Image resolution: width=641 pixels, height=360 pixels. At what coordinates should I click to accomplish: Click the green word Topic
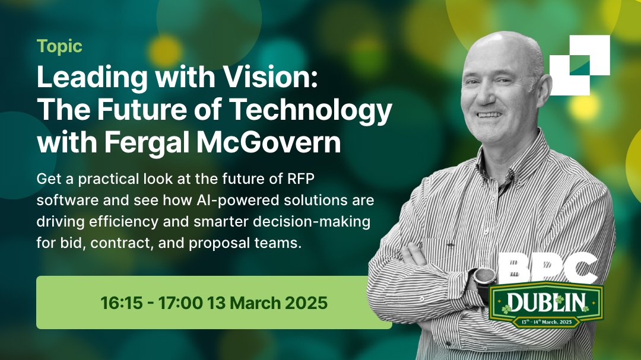pos(59,46)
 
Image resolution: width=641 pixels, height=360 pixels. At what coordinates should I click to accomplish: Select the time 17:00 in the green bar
pos(179,303)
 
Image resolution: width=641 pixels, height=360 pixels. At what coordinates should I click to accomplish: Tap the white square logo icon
pos(579,64)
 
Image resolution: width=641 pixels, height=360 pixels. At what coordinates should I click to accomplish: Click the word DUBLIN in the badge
pos(546,302)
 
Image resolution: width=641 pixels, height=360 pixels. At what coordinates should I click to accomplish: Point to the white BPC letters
pos(547,269)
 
